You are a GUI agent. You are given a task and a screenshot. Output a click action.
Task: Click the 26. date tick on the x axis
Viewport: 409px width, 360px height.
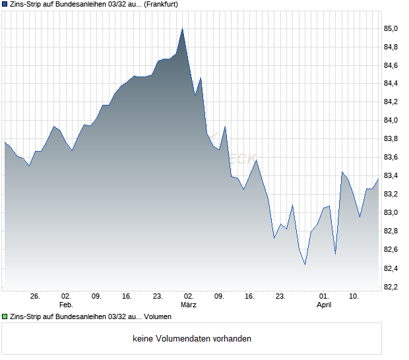pos(36,297)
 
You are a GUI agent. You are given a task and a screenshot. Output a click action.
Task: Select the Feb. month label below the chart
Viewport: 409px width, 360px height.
pos(66,305)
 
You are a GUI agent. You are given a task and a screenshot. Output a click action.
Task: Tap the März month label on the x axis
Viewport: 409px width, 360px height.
pos(189,305)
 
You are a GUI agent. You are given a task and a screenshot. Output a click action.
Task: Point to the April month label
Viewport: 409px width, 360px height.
pos(324,305)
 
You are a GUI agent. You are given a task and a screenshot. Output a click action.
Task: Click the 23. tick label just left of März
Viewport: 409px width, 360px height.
pos(158,297)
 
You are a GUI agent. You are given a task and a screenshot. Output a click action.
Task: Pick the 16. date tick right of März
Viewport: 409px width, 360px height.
pos(250,297)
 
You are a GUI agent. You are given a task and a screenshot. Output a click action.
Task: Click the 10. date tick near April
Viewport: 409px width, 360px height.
pos(354,297)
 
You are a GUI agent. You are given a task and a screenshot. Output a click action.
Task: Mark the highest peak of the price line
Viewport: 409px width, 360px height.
pos(182,28)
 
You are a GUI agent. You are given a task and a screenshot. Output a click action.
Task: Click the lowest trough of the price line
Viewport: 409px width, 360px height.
pos(305,264)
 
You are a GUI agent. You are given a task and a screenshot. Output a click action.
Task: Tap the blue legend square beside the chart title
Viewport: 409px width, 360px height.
pos(5,4)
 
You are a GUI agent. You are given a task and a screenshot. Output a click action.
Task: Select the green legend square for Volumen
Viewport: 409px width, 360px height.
pos(5,317)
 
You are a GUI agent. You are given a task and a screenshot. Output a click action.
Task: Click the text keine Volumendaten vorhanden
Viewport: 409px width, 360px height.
pos(192,339)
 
